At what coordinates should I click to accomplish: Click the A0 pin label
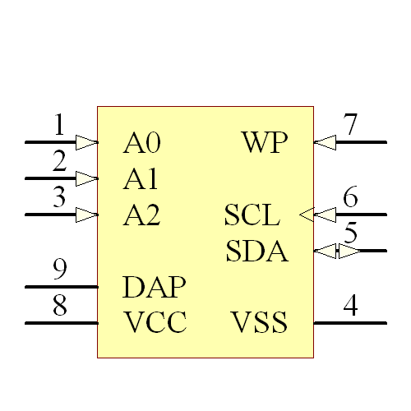tap(141, 143)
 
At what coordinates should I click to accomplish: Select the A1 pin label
tap(141, 179)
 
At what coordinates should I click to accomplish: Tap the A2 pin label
tap(141, 215)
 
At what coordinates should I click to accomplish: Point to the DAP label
tap(154, 288)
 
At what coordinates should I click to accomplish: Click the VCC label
tap(155, 322)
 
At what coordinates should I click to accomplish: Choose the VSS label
tap(259, 322)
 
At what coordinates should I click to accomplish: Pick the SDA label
tap(256, 252)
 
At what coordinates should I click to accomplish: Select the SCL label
tap(252, 215)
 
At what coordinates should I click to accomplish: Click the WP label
tap(265, 143)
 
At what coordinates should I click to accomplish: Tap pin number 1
tap(58, 126)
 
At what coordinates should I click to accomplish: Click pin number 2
tap(59, 162)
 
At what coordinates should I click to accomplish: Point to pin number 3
tap(59, 198)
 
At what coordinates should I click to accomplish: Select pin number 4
tap(350, 306)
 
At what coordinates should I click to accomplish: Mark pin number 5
tap(351, 233)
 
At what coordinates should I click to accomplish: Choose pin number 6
tap(350, 198)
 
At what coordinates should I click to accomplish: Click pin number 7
tap(350, 126)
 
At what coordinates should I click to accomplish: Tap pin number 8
tap(59, 306)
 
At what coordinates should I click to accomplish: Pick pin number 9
tap(59, 270)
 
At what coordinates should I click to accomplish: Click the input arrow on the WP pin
tap(326, 142)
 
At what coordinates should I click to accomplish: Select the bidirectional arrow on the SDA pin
tap(337, 251)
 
